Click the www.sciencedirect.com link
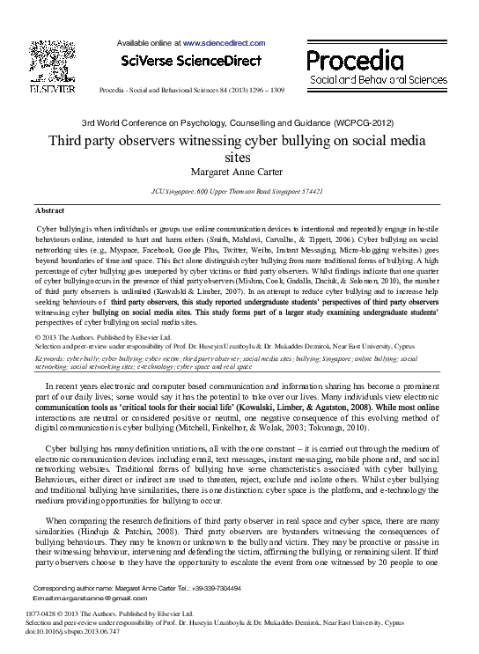coord(224,42)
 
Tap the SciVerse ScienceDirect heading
coord(192,62)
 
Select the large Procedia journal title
coord(354,61)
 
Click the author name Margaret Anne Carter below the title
coord(239,170)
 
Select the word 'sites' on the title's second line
coord(239,156)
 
